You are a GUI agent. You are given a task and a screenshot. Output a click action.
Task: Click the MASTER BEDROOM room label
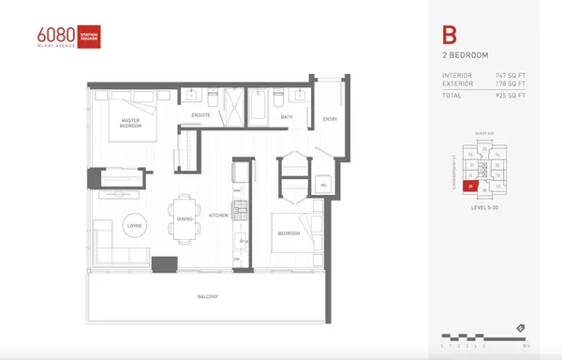point(130,123)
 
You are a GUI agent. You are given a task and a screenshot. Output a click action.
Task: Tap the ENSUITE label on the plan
point(200,115)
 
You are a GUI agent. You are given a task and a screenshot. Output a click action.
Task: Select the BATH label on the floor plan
point(274,117)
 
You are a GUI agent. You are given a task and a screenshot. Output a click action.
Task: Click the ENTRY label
point(330,119)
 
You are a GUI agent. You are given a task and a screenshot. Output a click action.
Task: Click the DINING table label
point(184,218)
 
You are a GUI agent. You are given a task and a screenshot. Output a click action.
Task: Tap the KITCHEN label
point(218,216)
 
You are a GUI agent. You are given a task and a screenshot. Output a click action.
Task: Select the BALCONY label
point(208,297)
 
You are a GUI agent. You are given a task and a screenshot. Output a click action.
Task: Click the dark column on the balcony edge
point(165,265)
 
